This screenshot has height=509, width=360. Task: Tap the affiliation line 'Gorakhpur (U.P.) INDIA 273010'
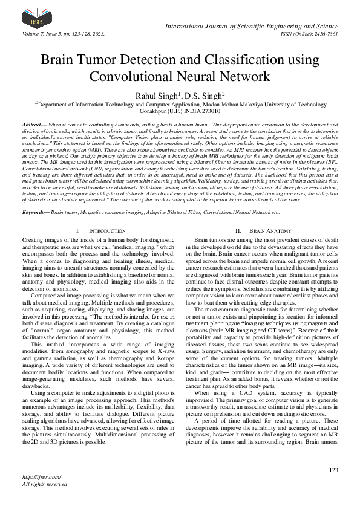180,112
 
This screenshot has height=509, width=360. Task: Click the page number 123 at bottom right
333,470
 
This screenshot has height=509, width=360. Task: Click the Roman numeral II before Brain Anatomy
237,232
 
